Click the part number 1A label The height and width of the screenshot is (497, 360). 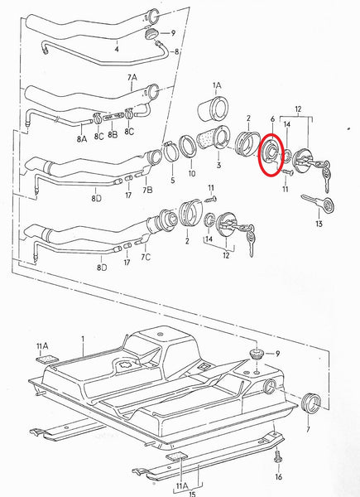pos(217,84)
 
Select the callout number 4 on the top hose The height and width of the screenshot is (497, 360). pos(117,50)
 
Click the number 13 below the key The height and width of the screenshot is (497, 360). pos(319,224)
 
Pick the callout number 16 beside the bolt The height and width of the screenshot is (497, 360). pos(278,478)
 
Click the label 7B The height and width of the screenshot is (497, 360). pos(147,191)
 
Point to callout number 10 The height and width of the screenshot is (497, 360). pos(192,174)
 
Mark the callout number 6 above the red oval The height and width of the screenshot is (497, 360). pos(271,120)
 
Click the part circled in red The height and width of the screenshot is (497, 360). pos(271,154)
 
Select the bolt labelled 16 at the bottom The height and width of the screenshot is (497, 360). pos(278,457)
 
